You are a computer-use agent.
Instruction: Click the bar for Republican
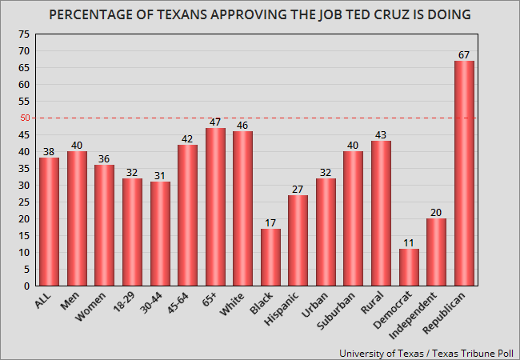[464, 174]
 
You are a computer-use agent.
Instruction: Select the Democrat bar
[409, 267]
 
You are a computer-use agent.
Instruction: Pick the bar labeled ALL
[49, 222]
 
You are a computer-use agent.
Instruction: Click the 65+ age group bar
[215, 206]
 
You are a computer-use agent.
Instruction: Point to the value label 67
[464, 54]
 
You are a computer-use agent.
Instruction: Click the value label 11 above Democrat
[409, 242]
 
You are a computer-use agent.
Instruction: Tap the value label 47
[215, 122]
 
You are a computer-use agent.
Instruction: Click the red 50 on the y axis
[25, 118]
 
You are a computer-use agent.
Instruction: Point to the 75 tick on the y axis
[25, 34]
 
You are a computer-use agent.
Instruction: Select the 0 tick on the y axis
[27, 286]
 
